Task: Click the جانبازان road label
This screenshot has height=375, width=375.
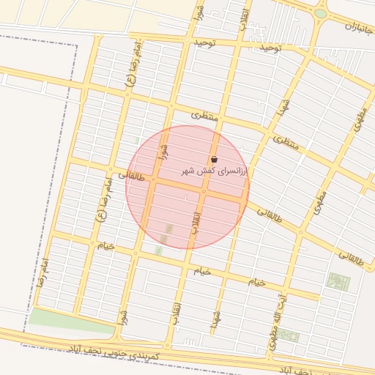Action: point(358,30)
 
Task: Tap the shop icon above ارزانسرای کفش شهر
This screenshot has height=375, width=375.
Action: point(214,159)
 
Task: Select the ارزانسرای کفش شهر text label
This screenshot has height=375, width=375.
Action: point(215,170)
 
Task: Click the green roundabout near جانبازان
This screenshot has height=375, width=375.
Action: point(321,13)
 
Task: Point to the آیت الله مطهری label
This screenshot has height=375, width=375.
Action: point(279,322)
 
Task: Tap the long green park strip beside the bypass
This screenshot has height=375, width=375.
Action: point(70,321)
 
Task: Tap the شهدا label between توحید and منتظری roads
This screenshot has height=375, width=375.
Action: point(281,108)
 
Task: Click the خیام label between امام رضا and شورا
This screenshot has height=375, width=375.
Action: point(106,245)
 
